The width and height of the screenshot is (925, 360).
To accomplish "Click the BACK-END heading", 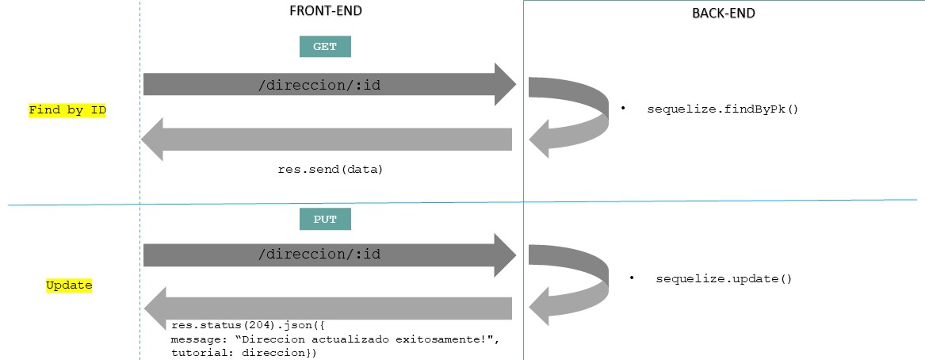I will click(724, 13).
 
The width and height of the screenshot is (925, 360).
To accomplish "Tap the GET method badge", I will click(325, 47).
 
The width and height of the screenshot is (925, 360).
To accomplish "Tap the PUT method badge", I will click(325, 220).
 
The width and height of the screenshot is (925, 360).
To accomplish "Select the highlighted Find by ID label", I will click(67, 110).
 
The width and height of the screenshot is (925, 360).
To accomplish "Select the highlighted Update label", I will click(69, 285).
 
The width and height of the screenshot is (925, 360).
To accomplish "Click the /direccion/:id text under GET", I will click(320, 84).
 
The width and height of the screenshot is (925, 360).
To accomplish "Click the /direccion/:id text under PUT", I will click(320, 255).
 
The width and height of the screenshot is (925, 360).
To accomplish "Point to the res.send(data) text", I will click(330, 169).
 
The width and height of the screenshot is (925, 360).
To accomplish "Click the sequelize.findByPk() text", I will click(722, 108).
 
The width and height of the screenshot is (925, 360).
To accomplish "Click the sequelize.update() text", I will click(724, 279).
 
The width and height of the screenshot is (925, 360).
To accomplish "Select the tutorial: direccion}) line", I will click(243, 353).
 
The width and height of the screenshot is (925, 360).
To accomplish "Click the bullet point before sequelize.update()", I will click(633, 279).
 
